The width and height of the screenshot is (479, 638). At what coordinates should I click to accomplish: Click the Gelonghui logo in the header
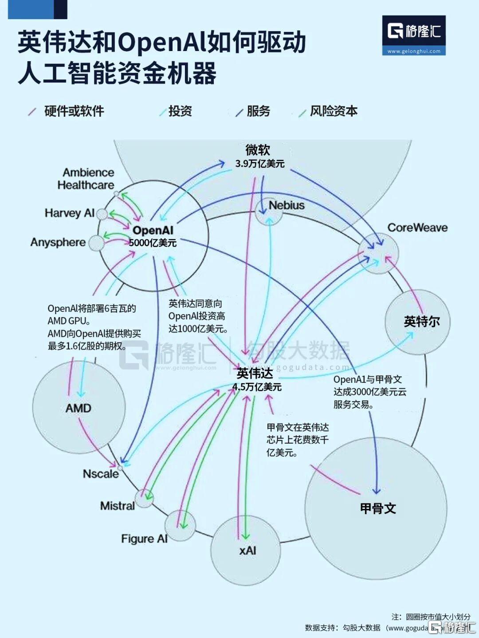click(x=414, y=35)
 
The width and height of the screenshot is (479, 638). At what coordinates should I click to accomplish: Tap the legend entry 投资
click(x=180, y=111)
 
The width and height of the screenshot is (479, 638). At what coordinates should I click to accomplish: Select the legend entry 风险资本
click(x=333, y=111)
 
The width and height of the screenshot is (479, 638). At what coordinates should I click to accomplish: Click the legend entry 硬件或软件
click(x=74, y=111)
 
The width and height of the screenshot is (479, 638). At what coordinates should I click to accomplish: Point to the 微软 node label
click(x=258, y=150)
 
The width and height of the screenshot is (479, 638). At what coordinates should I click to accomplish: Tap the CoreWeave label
click(x=417, y=228)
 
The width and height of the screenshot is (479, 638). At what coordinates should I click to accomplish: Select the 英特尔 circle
click(x=417, y=322)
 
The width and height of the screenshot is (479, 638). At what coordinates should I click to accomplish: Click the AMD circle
click(x=79, y=407)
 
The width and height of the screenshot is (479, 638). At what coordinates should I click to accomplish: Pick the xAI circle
click(x=246, y=551)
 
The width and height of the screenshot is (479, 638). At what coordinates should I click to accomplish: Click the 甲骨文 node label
click(x=377, y=508)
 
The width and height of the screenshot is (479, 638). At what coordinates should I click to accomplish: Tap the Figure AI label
click(x=144, y=539)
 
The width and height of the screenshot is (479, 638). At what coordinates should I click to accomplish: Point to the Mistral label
click(x=117, y=506)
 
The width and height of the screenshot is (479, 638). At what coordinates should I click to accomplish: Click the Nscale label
click(x=101, y=474)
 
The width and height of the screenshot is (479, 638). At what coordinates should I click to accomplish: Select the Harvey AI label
click(x=70, y=213)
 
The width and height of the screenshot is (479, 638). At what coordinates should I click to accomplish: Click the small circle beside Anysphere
click(x=96, y=243)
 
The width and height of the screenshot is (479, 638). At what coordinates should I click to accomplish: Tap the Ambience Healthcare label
click(x=86, y=178)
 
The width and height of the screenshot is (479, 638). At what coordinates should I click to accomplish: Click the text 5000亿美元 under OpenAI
click(x=153, y=243)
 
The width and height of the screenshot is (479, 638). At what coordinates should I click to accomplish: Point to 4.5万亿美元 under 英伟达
click(x=257, y=387)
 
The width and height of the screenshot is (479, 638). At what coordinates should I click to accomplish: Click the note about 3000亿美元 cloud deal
click(x=369, y=392)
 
